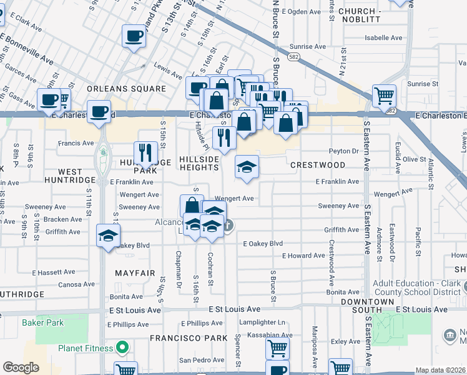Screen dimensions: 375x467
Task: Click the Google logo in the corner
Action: [21, 367]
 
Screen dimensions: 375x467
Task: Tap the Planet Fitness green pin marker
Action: [123, 347]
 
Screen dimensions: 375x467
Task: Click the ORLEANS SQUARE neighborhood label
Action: [127, 89]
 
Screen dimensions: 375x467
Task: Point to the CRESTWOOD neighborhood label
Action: [318, 165]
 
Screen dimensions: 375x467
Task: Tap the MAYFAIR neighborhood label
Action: [135, 273]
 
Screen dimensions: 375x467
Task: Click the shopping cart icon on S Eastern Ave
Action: [384, 96]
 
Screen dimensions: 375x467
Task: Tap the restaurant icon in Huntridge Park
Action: [144, 152]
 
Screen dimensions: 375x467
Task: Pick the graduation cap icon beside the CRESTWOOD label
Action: [247, 166]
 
